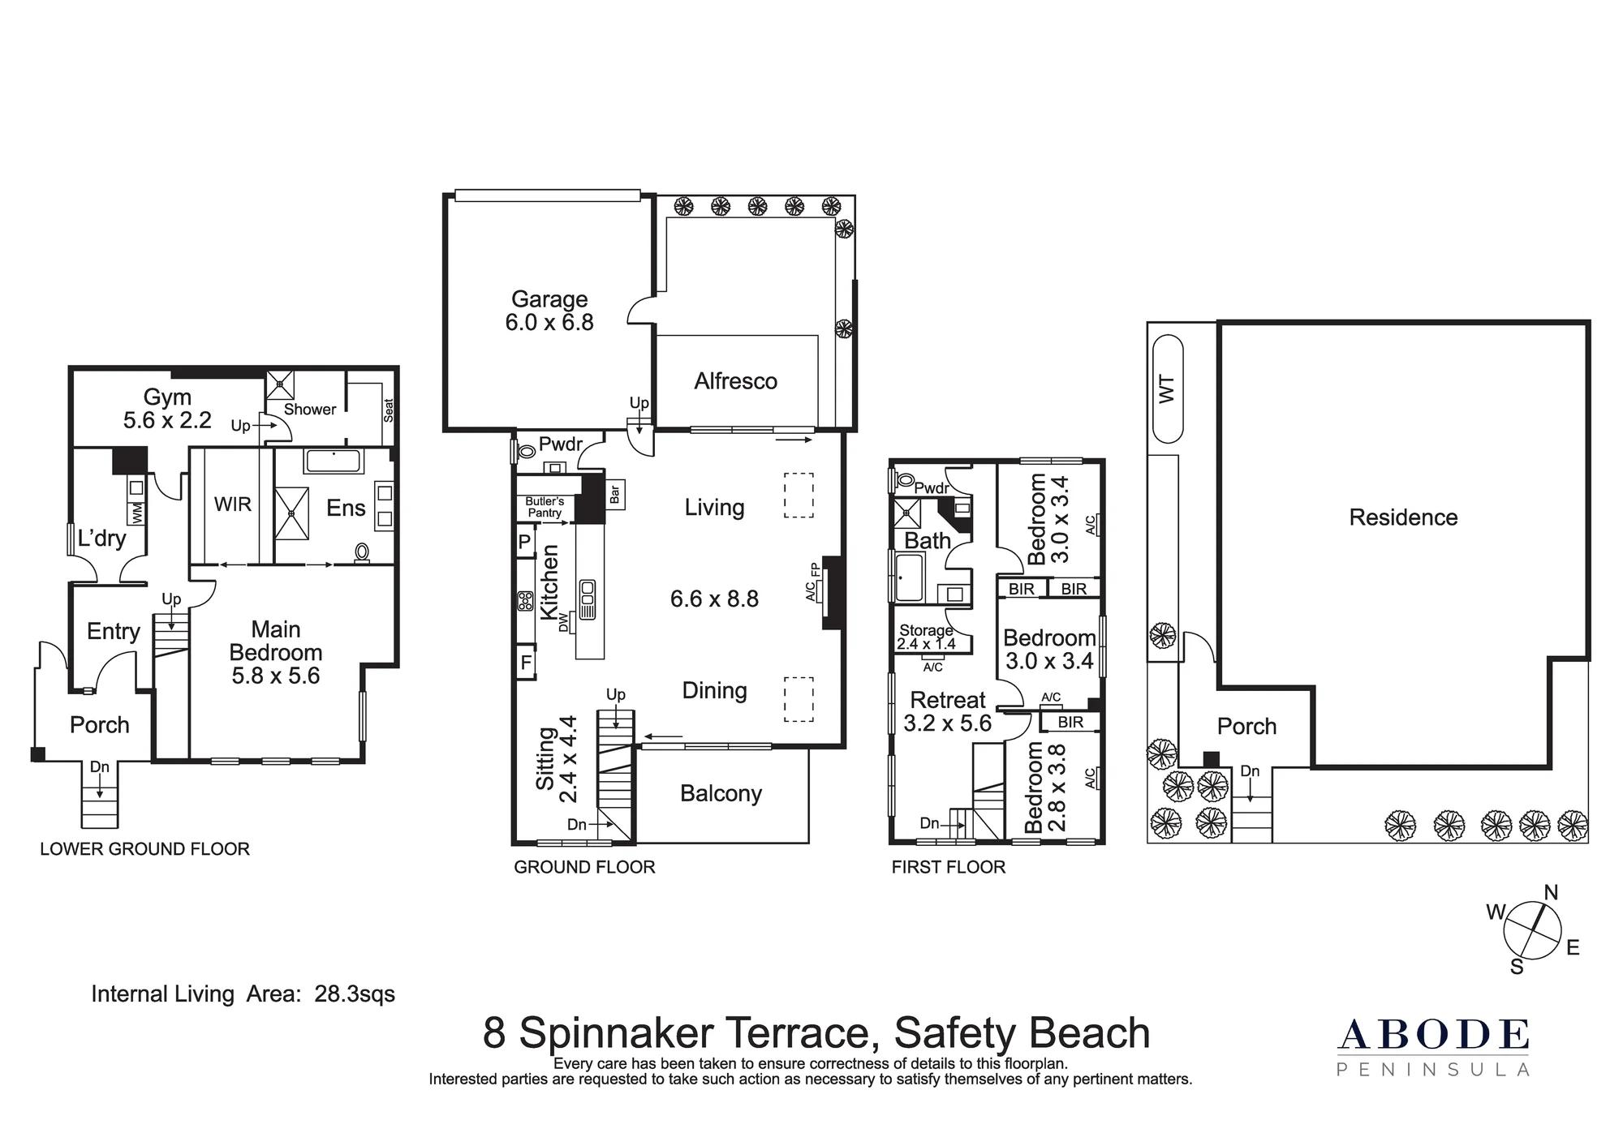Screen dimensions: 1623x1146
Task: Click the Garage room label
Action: point(549,299)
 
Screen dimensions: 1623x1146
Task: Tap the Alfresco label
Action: point(735,381)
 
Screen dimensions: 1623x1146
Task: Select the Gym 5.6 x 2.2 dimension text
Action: point(167,420)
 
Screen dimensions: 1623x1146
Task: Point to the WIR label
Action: point(233,504)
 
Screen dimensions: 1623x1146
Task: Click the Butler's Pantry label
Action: point(545,507)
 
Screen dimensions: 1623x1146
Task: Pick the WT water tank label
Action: point(1167,389)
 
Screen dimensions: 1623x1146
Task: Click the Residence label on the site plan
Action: point(1403,517)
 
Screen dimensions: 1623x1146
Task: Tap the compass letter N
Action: point(1551,893)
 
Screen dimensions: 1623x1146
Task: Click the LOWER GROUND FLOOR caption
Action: point(145,849)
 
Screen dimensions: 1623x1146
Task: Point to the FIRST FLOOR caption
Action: point(949,867)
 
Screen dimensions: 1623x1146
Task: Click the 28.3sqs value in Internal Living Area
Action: point(355,994)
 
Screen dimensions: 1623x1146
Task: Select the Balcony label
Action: point(721,793)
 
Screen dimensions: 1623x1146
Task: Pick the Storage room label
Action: point(926,630)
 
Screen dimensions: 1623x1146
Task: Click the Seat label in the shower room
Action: point(388,410)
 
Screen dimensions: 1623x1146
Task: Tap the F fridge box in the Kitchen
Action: point(526,663)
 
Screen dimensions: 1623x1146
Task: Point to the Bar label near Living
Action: point(614,494)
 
